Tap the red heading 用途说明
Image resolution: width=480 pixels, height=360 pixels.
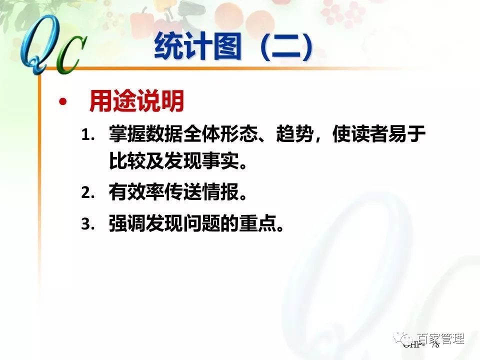136,102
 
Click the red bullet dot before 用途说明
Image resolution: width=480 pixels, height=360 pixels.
62,102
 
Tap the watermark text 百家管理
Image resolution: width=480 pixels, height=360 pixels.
440,339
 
